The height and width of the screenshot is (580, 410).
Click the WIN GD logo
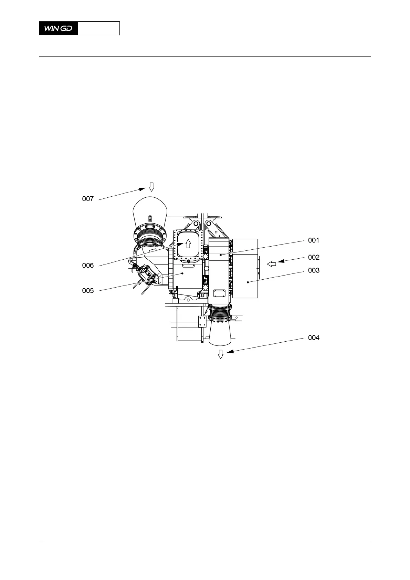tap(58, 28)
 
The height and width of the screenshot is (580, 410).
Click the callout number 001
tap(314, 240)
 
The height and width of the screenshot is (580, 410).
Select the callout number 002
tap(314, 257)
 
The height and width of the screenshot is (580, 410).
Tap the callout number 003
tap(314, 270)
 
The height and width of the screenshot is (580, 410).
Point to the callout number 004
tap(314, 338)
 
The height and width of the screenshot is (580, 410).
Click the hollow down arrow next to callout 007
tap(152, 187)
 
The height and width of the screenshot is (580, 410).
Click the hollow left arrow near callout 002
tap(272, 264)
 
